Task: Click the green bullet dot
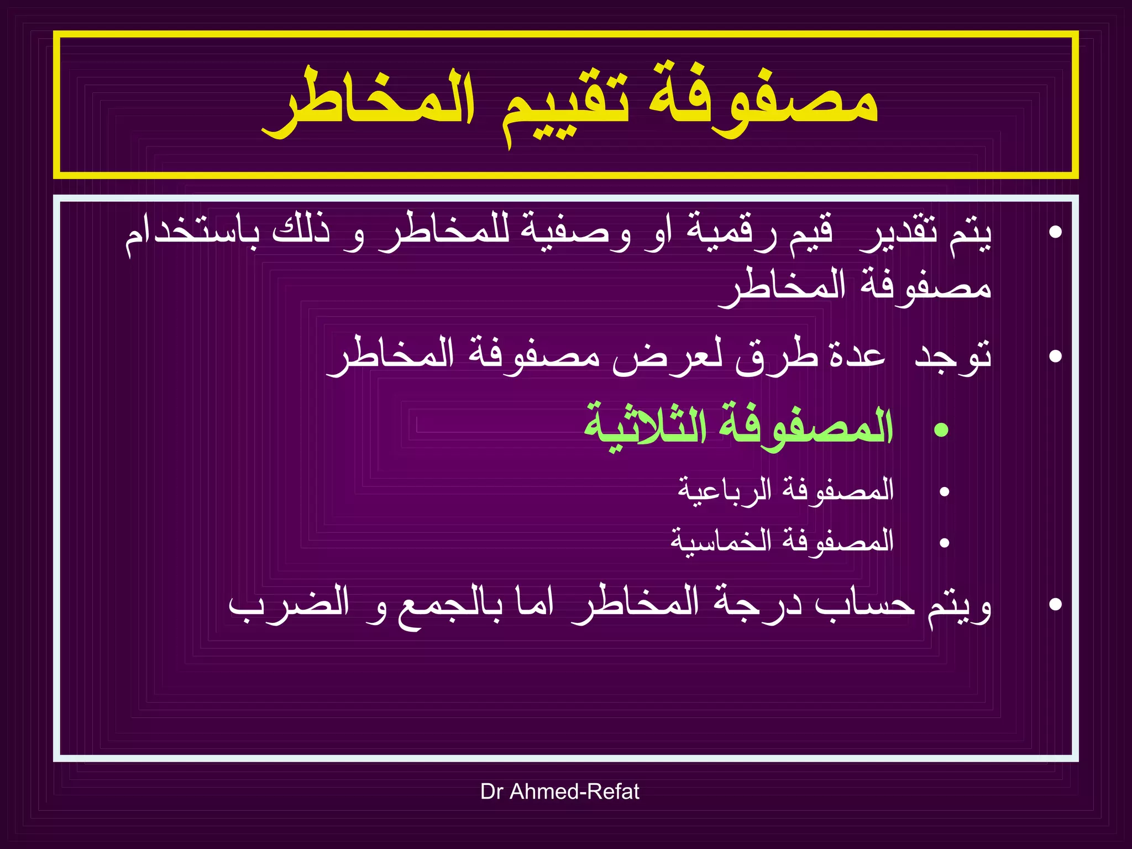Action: (941, 429)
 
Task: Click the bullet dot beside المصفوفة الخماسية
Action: (944, 543)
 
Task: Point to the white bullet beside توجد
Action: (1055, 356)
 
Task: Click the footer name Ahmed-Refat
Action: (574, 792)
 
